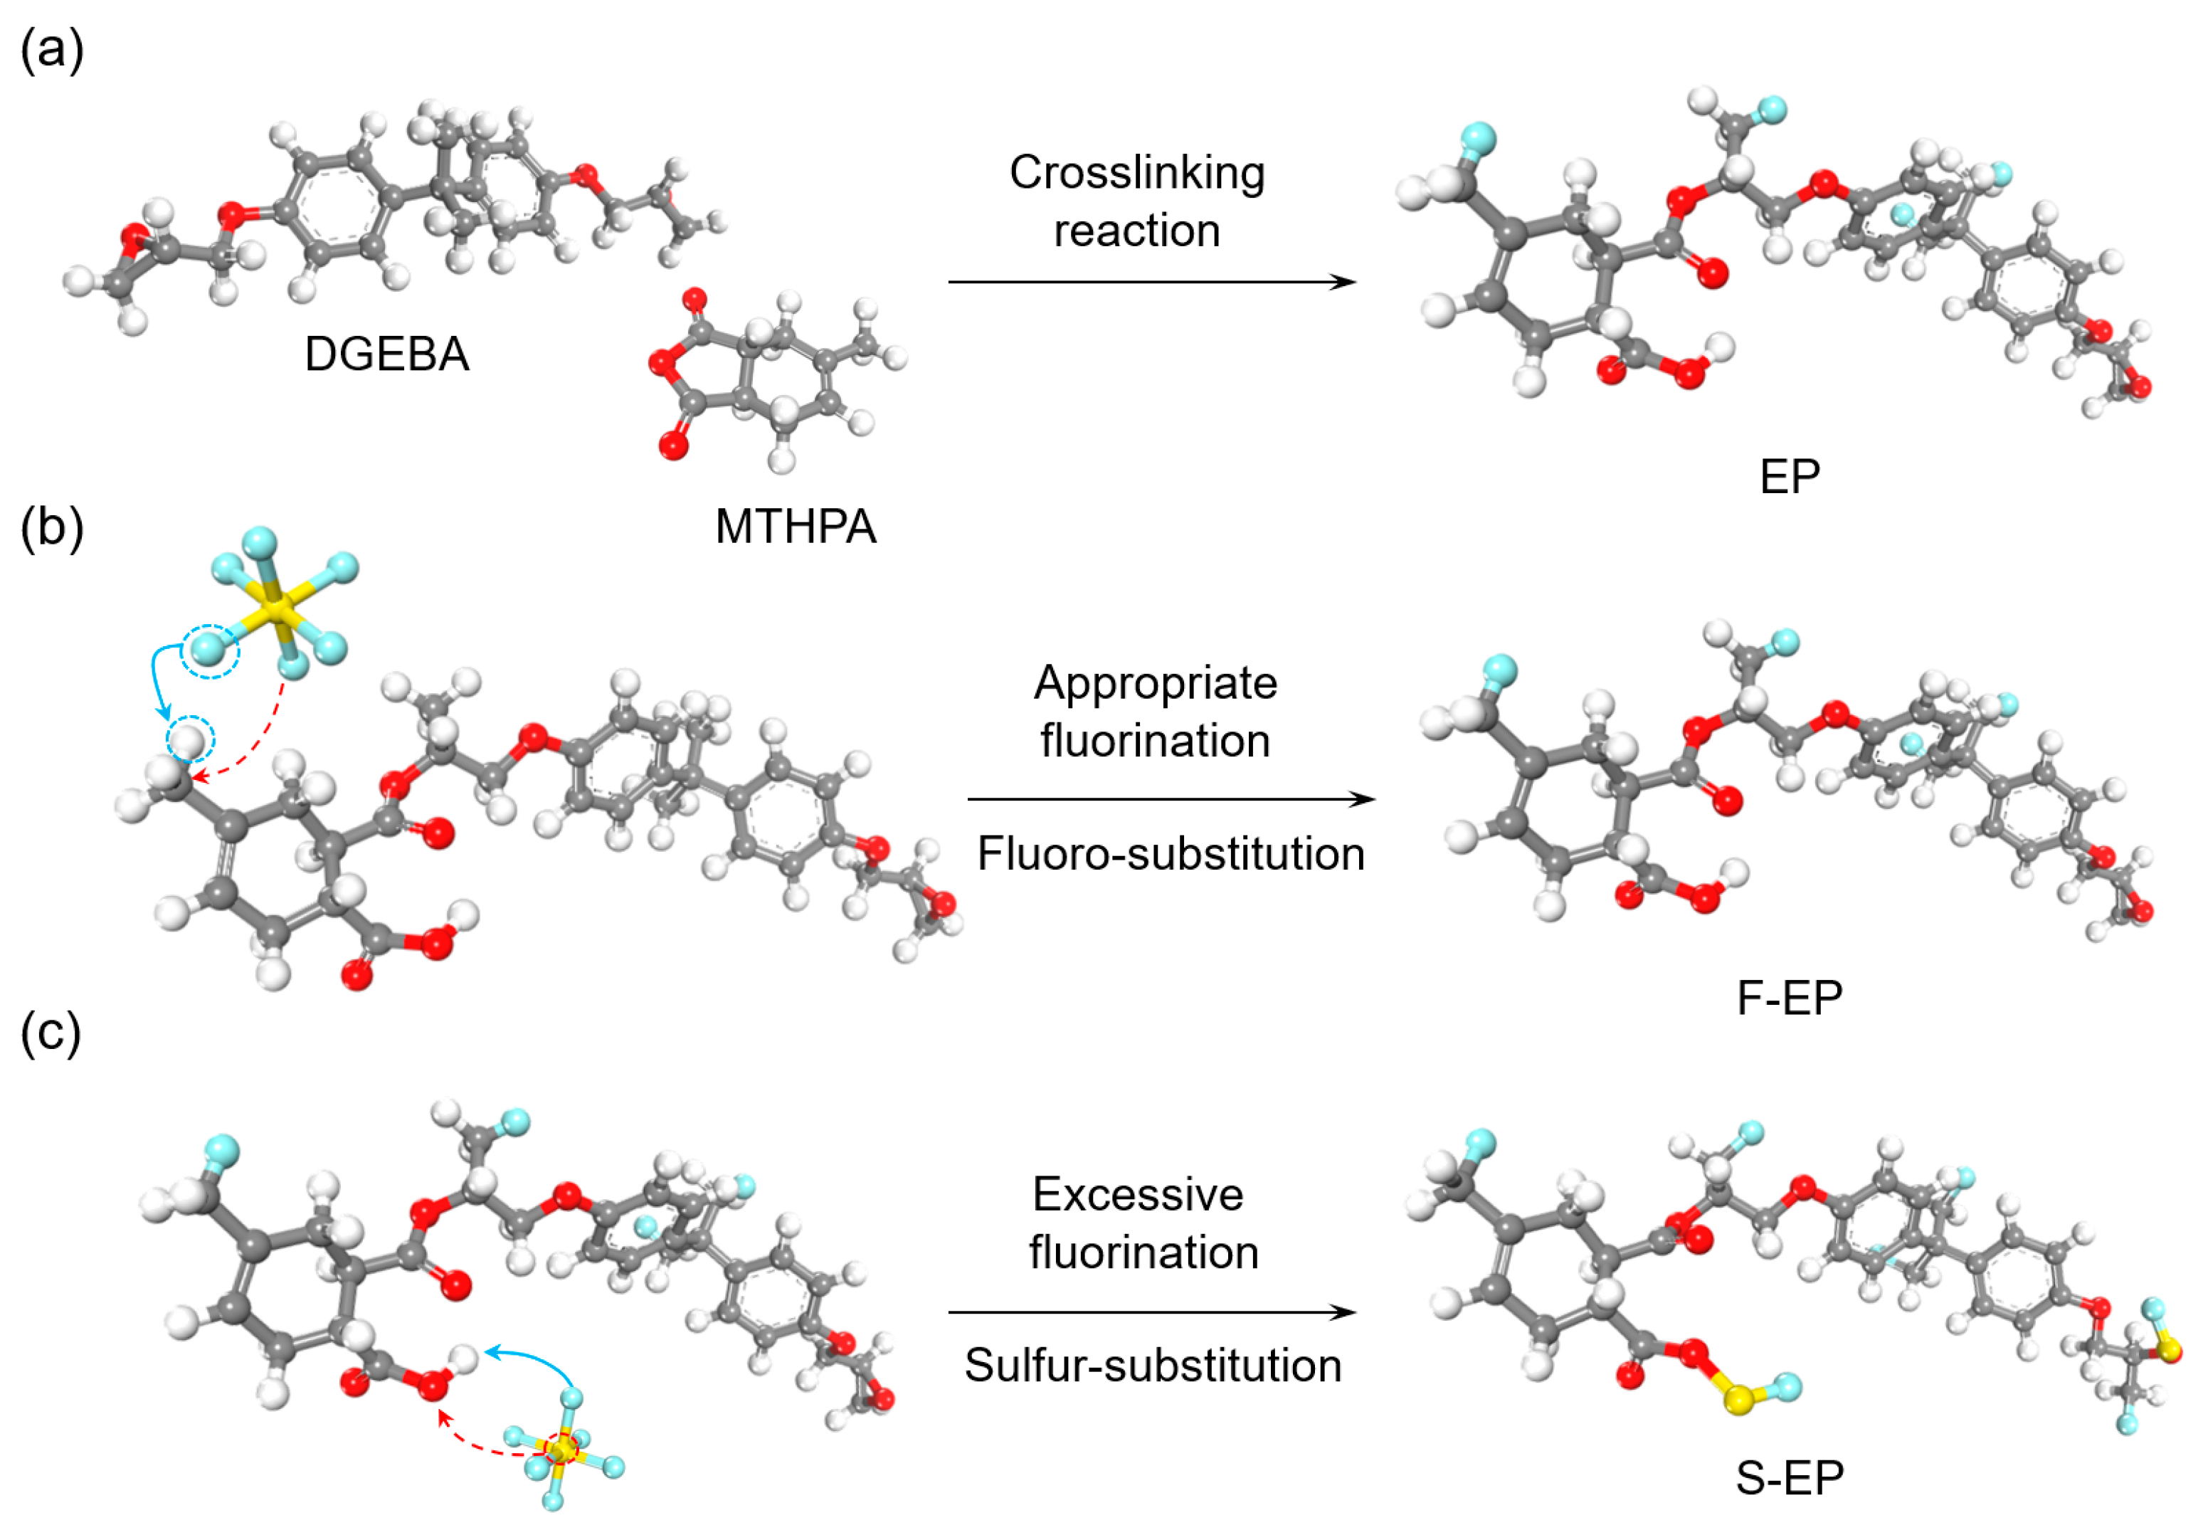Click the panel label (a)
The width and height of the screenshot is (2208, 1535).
[x=52, y=49]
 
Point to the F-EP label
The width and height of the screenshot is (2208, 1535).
[x=1789, y=998]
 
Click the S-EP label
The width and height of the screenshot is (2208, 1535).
[x=1789, y=1477]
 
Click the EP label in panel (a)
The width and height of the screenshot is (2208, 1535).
[x=1789, y=476]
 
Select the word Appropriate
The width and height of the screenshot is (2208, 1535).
[x=1155, y=683]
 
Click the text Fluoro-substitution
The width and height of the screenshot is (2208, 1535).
[x=1171, y=853]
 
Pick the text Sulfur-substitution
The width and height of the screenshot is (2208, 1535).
[x=1152, y=1365]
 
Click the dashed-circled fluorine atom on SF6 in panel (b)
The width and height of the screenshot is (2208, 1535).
[x=211, y=651]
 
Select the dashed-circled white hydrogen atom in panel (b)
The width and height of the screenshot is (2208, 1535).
[x=189, y=739]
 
